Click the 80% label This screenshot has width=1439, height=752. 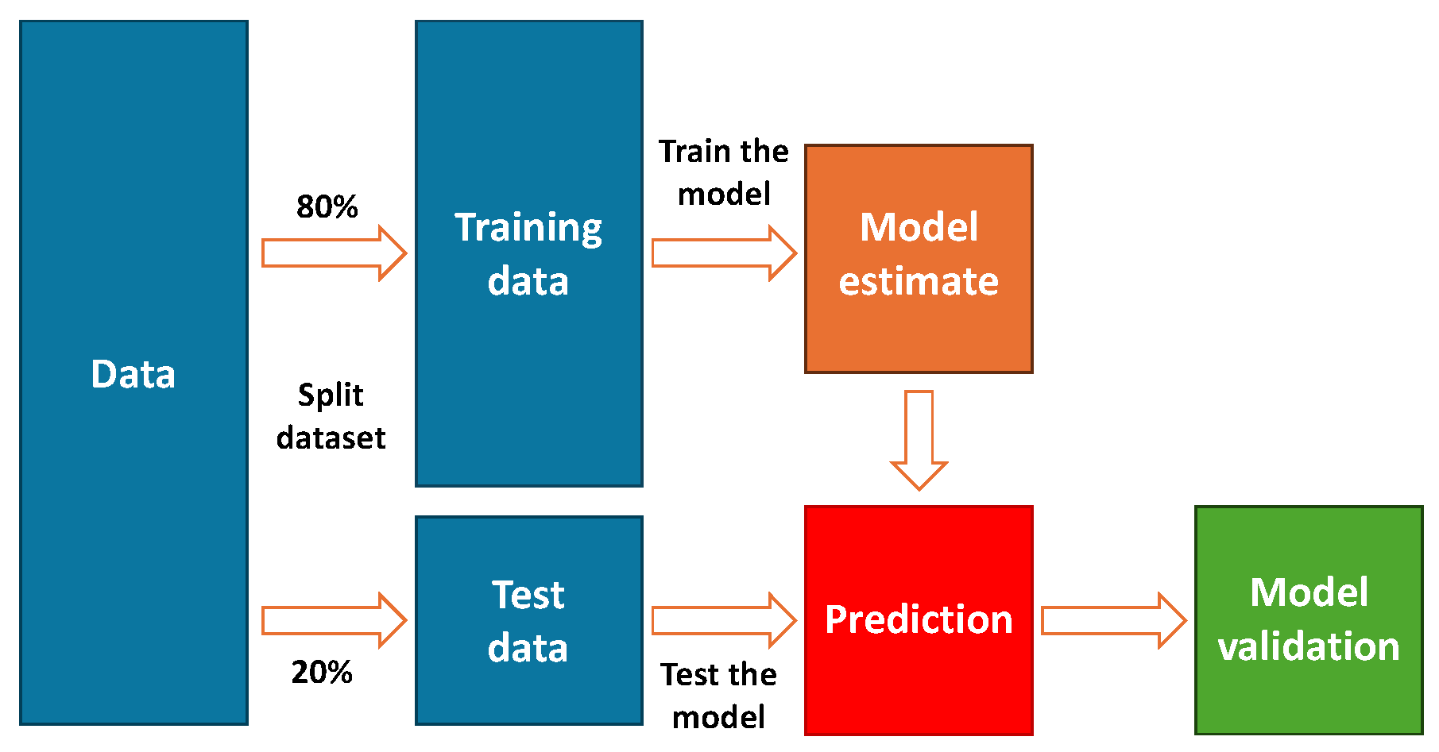point(327,207)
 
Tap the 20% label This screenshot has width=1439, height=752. point(322,673)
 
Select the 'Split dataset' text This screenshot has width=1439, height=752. point(331,416)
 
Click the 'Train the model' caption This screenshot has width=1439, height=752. point(723,172)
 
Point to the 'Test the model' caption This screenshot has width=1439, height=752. point(718,696)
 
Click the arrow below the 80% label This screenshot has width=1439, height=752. point(334,253)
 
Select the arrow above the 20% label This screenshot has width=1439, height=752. point(334,620)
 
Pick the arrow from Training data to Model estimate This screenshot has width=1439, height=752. point(723,253)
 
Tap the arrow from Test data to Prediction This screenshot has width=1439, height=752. point(723,620)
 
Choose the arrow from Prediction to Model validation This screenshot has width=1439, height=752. point(1113,620)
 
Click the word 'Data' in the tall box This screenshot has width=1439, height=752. point(133,374)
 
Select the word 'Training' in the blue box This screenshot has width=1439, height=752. point(528,229)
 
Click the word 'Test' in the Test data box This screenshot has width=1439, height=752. point(528,595)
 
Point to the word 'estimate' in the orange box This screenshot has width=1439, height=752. point(919,282)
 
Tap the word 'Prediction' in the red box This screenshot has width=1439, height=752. point(919,620)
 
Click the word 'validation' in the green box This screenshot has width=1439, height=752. point(1309,647)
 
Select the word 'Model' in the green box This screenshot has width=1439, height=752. point(1309,592)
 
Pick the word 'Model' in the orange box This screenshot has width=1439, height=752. point(919,228)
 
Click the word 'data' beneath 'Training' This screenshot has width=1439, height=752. point(528,282)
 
